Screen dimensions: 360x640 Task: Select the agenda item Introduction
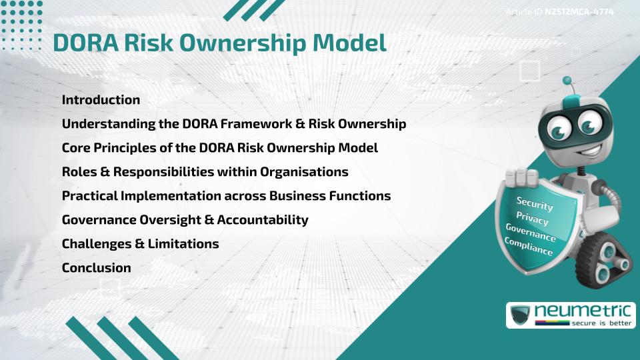click(x=101, y=100)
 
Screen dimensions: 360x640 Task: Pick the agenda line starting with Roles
click(x=205, y=172)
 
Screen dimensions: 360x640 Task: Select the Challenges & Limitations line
click(x=140, y=244)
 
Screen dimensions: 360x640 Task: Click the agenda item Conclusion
click(x=96, y=268)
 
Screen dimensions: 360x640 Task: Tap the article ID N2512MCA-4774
click(x=579, y=12)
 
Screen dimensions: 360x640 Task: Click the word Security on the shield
click(x=535, y=203)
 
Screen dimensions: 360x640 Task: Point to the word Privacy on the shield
click(x=533, y=218)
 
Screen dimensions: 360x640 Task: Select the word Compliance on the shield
click(x=529, y=246)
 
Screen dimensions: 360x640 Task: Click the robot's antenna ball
click(x=567, y=81)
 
